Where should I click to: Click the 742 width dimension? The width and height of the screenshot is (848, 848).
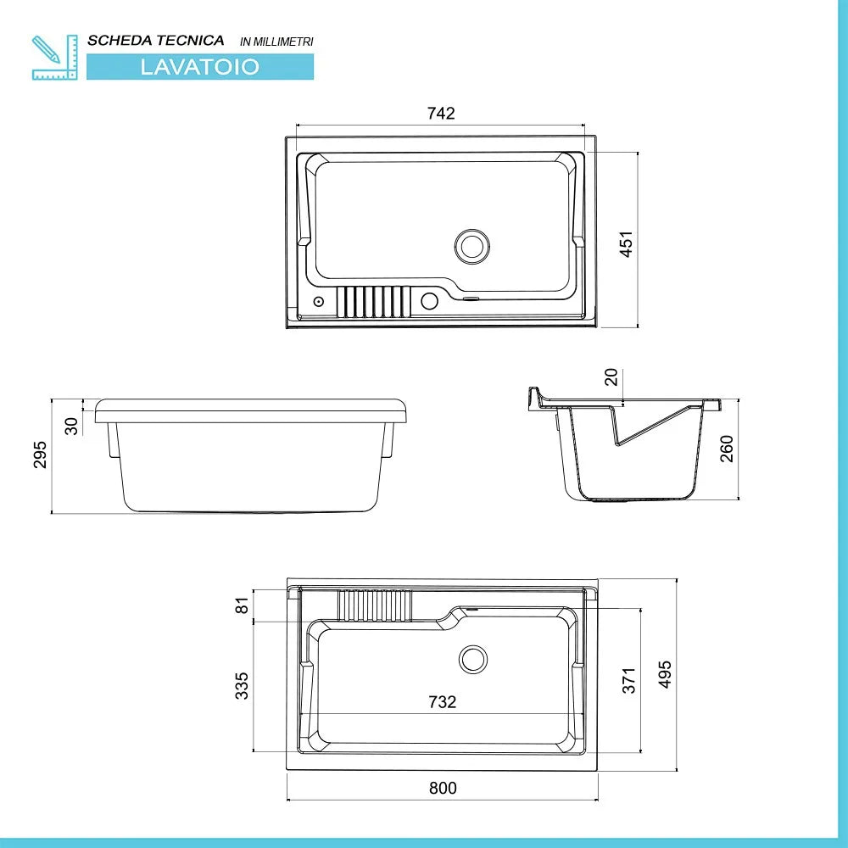[x=441, y=114]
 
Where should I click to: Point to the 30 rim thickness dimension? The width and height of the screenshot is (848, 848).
[x=72, y=425]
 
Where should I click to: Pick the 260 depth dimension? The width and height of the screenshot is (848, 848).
[x=726, y=448]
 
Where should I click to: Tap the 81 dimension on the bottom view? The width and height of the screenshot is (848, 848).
[x=242, y=606]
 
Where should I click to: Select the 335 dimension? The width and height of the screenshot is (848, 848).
[x=242, y=685]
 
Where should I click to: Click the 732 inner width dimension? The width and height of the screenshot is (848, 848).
[x=442, y=702]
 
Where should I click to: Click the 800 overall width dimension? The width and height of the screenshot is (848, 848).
[x=442, y=788]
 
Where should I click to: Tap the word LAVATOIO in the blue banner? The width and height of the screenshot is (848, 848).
[x=200, y=67]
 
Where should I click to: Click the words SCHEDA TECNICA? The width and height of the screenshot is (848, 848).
[x=156, y=40]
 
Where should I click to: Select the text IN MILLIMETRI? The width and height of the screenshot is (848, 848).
[x=276, y=42]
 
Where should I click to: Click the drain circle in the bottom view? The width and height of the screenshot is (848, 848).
[x=473, y=658]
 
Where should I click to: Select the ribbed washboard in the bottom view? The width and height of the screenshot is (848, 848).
[x=375, y=605]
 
